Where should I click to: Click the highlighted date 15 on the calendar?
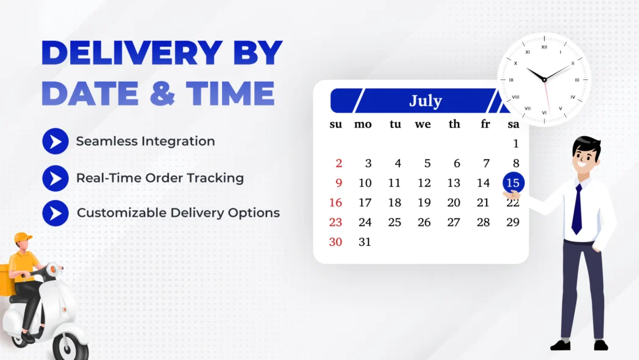513,183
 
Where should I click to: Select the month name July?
425,101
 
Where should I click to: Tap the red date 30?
335,242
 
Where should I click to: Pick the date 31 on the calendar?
365,242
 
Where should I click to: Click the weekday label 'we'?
423,124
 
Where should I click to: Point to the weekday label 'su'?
336,124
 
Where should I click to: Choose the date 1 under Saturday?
515,144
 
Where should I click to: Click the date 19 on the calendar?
424,203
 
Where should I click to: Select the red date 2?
338,164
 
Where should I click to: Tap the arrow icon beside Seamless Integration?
55,142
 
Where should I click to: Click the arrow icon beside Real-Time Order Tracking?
55,178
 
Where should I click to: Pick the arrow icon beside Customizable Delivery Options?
55,213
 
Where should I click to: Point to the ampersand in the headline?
163,93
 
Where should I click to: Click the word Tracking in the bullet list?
216,178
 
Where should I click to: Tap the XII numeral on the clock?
544,47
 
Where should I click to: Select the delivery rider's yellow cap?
23,237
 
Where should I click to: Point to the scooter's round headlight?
54,269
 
